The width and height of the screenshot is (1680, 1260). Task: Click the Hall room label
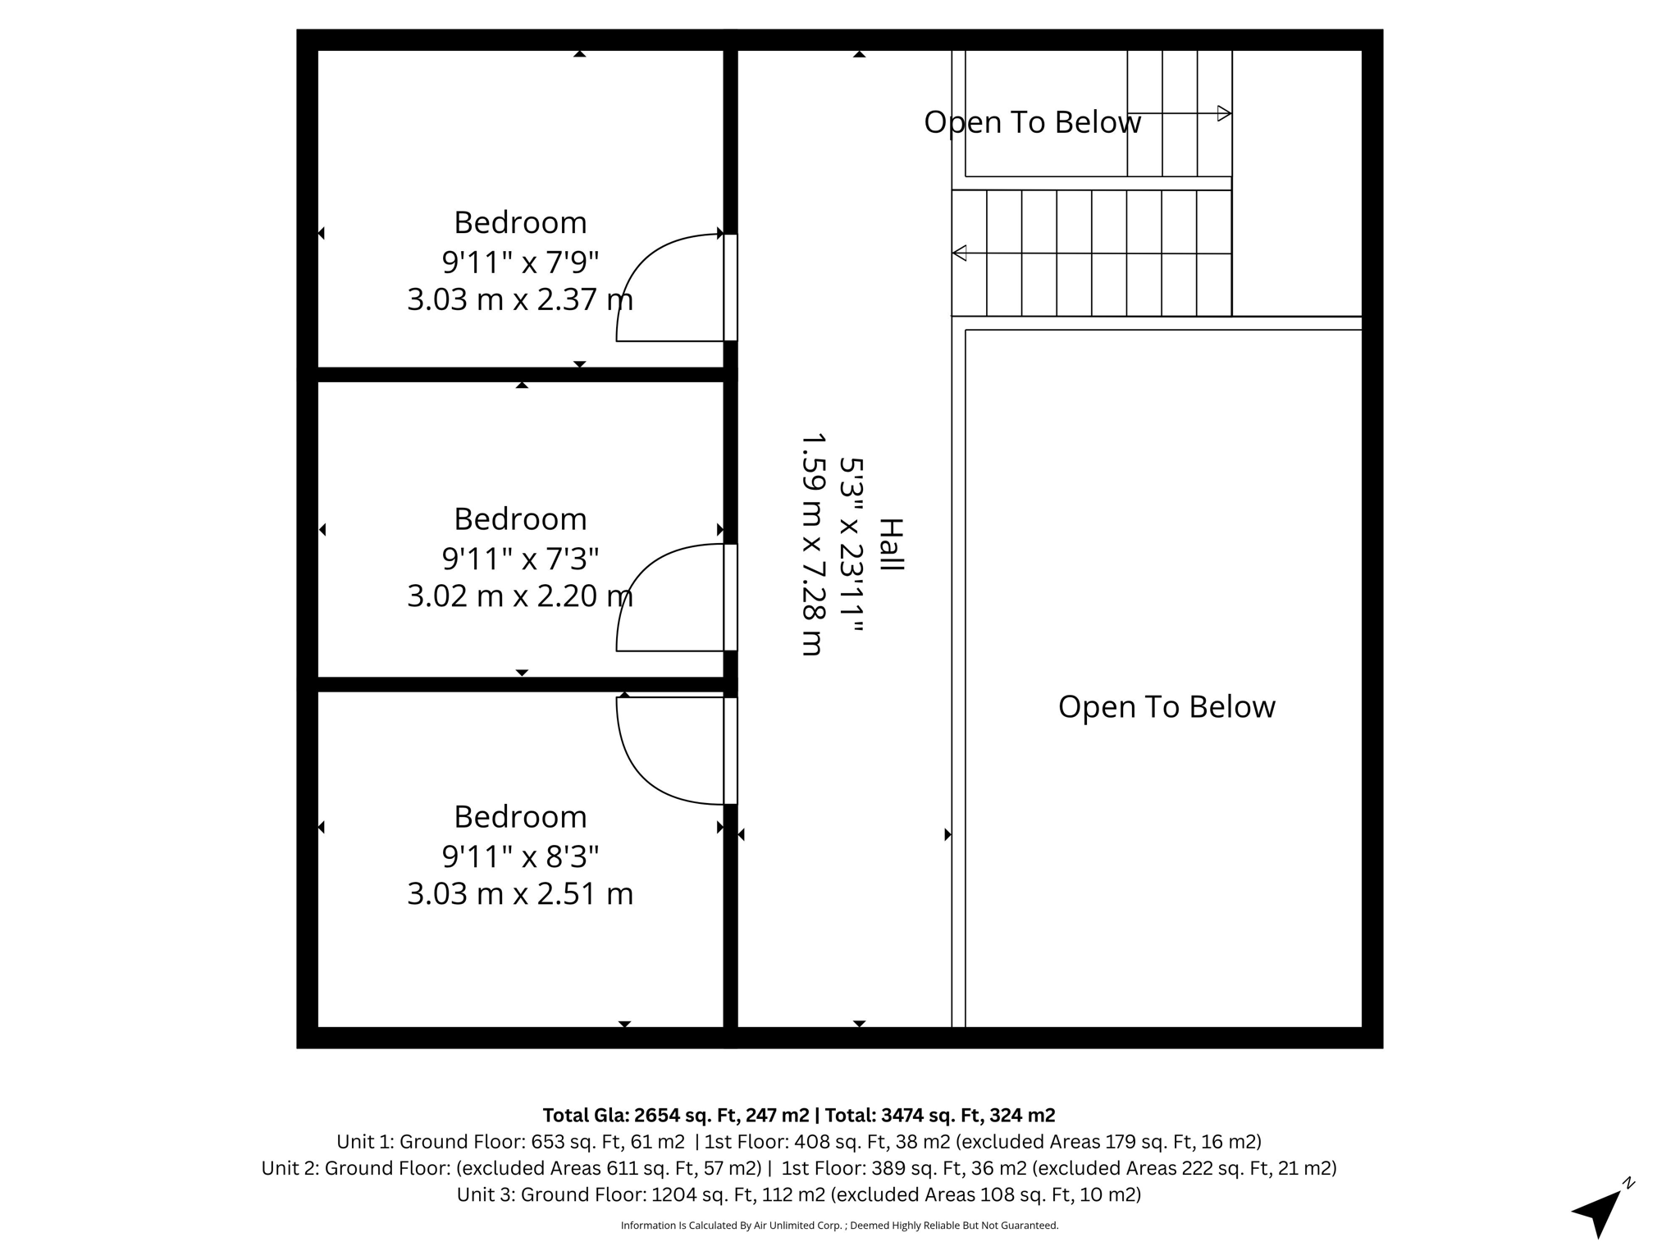pyautogui.click(x=891, y=545)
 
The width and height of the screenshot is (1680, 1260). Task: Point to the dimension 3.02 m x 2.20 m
pyautogui.click(x=520, y=596)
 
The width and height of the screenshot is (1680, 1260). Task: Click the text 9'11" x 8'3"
pyautogui.click(x=520, y=856)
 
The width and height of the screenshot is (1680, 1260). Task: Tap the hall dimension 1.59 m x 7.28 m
pyautogui.click(x=811, y=545)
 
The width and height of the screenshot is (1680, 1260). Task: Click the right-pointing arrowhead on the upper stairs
pyautogui.click(x=1224, y=113)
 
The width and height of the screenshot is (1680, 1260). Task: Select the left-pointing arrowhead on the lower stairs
pyautogui.click(x=959, y=253)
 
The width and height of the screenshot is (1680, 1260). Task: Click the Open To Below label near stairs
pyautogui.click(x=1032, y=122)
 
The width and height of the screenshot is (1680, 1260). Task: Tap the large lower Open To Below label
pyautogui.click(x=1166, y=707)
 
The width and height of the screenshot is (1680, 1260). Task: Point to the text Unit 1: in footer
pyautogui.click(x=365, y=1142)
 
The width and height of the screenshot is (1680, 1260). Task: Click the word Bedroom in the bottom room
pyautogui.click(x=520, y=817)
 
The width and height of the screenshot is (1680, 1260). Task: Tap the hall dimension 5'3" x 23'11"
pyautogui.click(x=851, y=545)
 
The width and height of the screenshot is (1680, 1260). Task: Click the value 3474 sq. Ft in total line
pyautogui.click(x=932, y=1116)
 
